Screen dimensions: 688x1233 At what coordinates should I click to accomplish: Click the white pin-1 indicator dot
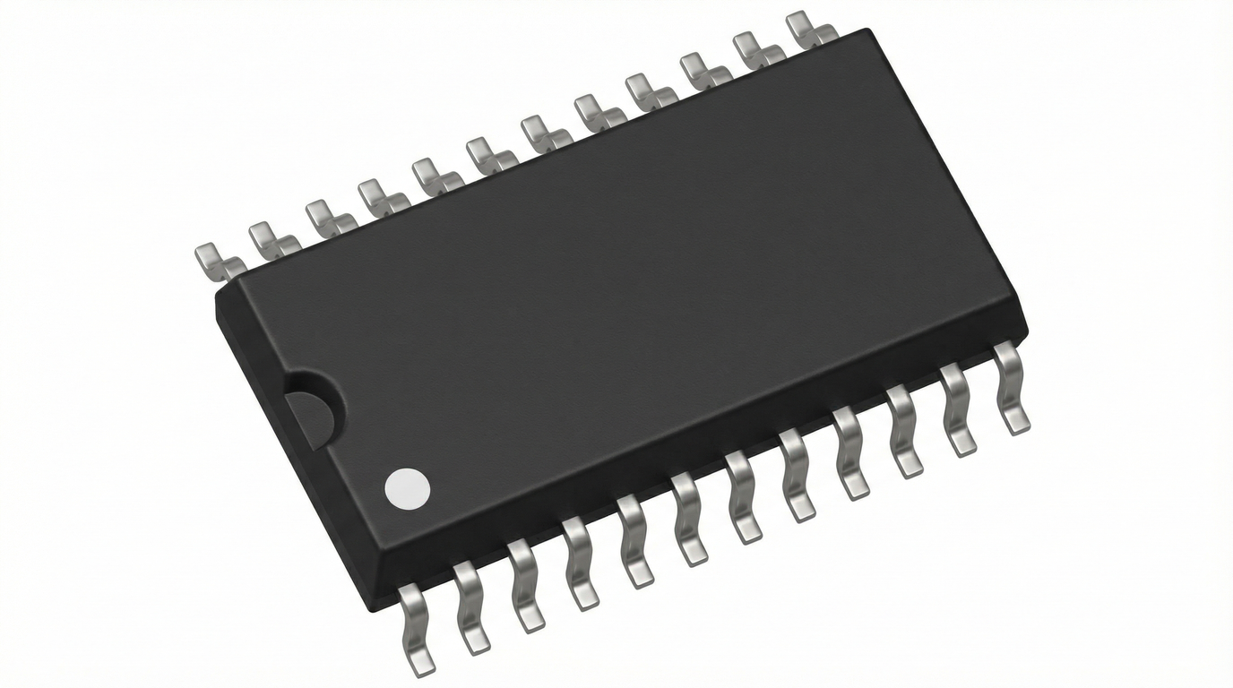click(x=408, y=488)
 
